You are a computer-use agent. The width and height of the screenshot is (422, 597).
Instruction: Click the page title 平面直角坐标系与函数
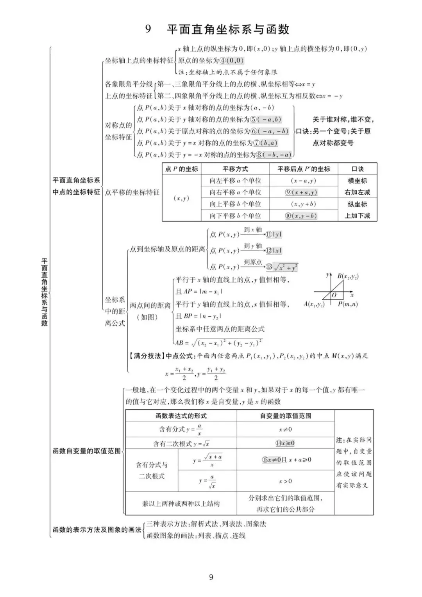pos(228,29)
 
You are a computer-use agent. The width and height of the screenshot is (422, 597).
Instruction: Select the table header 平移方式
pos(235,169)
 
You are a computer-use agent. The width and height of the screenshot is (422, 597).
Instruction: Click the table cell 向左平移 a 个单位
pos(235,181)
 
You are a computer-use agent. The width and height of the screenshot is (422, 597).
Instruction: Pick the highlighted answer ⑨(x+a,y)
pos(301,192)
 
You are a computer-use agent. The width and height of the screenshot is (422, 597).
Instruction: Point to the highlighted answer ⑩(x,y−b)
pos(301,216)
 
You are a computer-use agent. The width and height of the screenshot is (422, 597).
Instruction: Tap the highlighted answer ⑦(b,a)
pos(265,143)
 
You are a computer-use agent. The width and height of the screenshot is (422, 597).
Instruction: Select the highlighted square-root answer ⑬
pos(282,267)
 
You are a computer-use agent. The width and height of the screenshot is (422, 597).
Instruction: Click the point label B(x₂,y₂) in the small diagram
pos(348,277)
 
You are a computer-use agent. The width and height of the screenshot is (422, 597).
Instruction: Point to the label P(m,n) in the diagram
pos(348,304)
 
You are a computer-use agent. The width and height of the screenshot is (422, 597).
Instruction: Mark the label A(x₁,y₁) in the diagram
pos(314,304)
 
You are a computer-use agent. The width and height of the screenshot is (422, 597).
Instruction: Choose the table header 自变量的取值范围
pos(286,416)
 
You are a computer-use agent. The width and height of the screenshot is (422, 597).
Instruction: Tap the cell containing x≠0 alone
pos(286,429)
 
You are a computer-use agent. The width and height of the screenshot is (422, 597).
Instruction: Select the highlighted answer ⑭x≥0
pos(285,443)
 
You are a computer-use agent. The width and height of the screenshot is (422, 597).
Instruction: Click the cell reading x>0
pos(286,481)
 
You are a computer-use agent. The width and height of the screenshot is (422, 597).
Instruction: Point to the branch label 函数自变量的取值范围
pos(87,451)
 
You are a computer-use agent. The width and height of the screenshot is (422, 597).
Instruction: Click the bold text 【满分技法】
pos(146,356)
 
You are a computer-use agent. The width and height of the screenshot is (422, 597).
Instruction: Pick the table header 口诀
pos(358,169)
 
